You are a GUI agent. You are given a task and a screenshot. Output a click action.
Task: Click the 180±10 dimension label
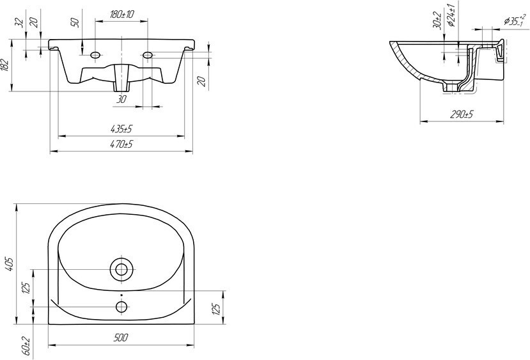(122, 14)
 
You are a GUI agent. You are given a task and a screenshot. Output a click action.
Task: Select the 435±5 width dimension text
(121, 129)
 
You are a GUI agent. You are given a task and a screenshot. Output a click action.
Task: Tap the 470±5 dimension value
(121, 145)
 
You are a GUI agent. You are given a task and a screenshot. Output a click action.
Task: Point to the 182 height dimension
(4, 65)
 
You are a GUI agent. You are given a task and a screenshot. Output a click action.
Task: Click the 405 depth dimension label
(9, 264)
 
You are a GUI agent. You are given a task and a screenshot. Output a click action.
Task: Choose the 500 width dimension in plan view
(121, 338)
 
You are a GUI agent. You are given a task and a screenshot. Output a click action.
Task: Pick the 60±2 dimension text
(27, 346)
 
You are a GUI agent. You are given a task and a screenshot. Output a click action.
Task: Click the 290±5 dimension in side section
(462, 114)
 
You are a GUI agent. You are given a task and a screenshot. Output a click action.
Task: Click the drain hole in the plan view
(121, 269)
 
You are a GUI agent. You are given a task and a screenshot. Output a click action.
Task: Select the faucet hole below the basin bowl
(121, 306)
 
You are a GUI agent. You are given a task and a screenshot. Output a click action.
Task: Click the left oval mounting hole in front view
(95, 54)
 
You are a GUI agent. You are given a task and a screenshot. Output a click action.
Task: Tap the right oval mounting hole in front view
(148, 54)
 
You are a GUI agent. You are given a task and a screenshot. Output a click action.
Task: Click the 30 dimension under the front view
(121, 99)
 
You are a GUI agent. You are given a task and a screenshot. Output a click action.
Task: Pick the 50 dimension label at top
(75, 22)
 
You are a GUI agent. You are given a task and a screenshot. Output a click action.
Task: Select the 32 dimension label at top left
(20, 22)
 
